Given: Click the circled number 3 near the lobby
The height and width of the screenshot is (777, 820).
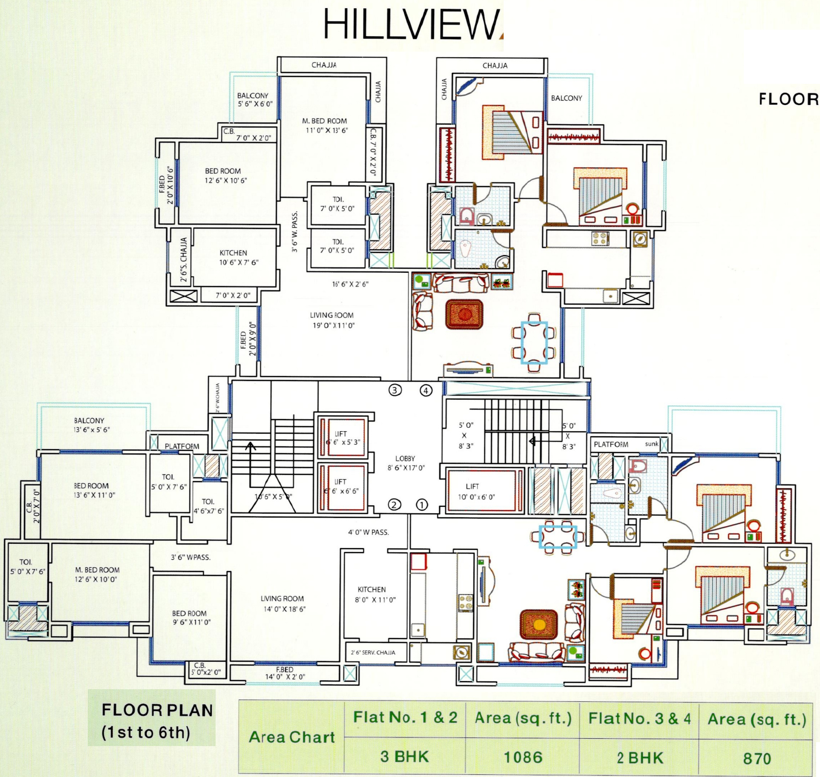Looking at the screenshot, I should coord(395,390).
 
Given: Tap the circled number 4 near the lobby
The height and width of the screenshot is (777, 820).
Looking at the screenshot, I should coord(426,391).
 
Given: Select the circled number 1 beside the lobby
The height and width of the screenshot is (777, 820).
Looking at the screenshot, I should coord(422,505).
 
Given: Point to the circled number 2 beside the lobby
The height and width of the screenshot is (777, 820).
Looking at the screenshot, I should coord(394,505).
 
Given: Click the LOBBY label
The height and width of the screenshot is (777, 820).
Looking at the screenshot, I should coord(405,463).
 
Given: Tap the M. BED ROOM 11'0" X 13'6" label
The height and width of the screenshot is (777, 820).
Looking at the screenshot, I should coord(325,126).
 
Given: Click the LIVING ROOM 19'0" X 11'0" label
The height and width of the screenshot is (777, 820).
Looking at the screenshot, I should coord(332,320).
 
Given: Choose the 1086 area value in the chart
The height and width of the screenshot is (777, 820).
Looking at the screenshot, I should coord(523,757).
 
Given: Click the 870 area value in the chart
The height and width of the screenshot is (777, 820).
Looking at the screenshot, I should coord(757,758).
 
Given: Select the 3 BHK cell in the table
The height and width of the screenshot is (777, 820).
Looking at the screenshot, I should coord(405,756).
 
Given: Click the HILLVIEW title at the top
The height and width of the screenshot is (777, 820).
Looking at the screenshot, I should coord(411,25).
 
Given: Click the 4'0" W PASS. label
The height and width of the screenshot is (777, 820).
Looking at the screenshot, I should coord(368,532).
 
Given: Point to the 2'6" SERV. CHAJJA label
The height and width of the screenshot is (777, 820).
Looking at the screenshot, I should coord(373,653).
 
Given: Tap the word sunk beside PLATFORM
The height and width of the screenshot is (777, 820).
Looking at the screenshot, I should coord(651,444).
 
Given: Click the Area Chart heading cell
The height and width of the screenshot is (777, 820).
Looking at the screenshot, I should coord(292,737).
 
